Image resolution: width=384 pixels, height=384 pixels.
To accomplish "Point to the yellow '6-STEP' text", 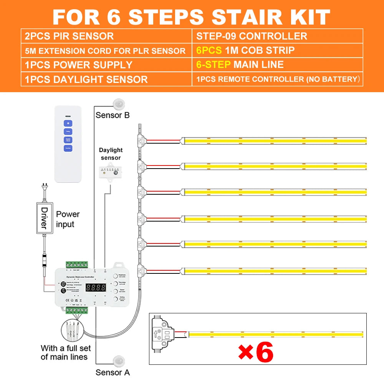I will point(213,65).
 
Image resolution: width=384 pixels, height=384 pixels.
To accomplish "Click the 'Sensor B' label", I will point(113,115).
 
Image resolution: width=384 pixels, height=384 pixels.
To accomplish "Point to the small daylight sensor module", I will point(110,173).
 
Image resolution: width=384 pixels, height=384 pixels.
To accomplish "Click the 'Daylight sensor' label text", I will point(111,154).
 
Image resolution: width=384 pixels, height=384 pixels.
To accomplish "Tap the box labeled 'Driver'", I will point(44,217).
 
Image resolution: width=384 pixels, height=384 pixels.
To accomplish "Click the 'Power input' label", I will point(68,219).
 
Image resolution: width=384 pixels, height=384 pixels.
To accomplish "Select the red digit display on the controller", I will point(96,287).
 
